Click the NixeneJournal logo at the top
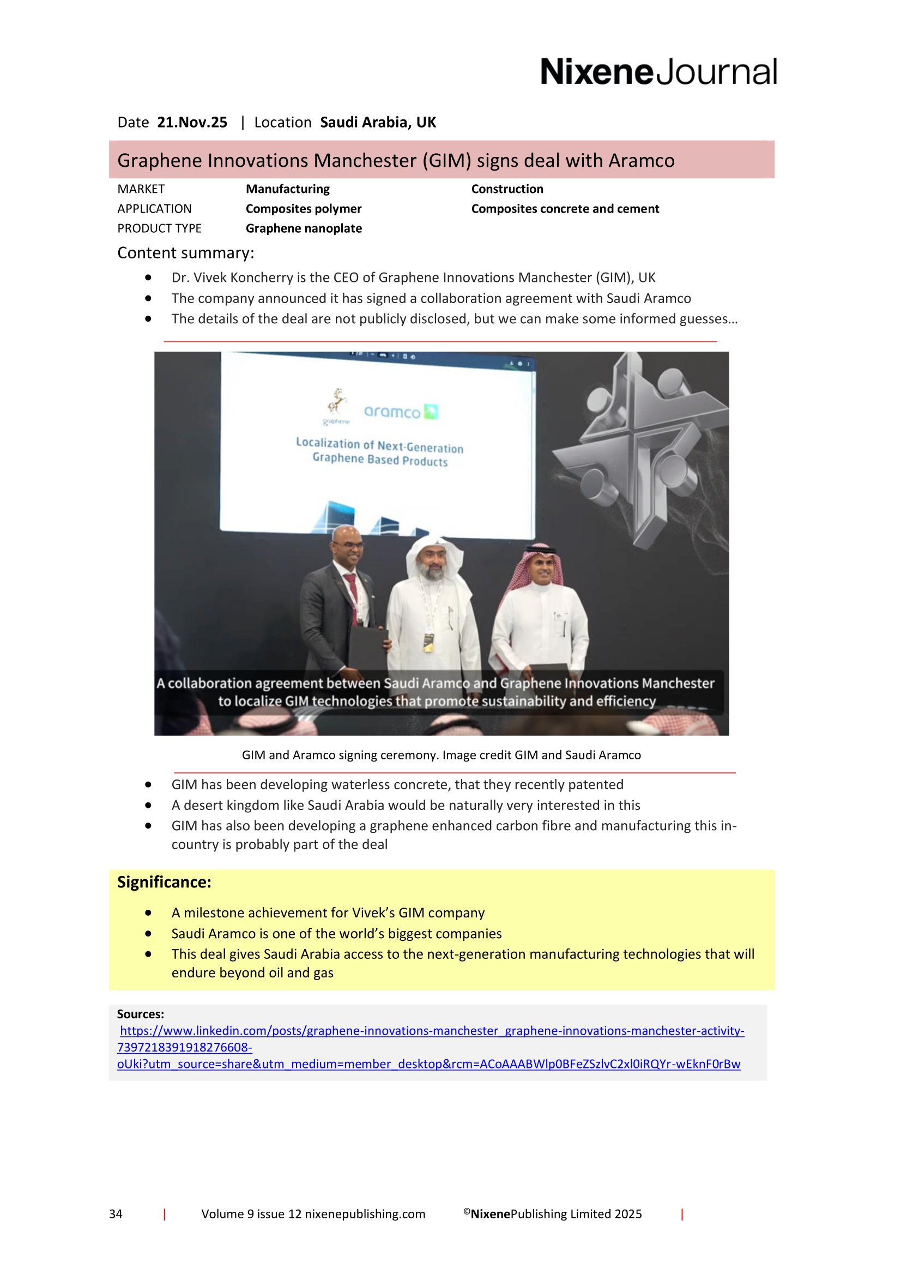point(658,72)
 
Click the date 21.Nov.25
point(192,122)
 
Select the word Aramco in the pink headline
point(641,160)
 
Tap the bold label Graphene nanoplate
point(304,228)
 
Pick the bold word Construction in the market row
point(507,189)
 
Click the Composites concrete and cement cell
point(565,209)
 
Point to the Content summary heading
point(185,253)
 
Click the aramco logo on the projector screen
point(400,412)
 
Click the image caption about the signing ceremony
point(442,755)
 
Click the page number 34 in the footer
point(116,1214)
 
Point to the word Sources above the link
point(140,1014)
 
